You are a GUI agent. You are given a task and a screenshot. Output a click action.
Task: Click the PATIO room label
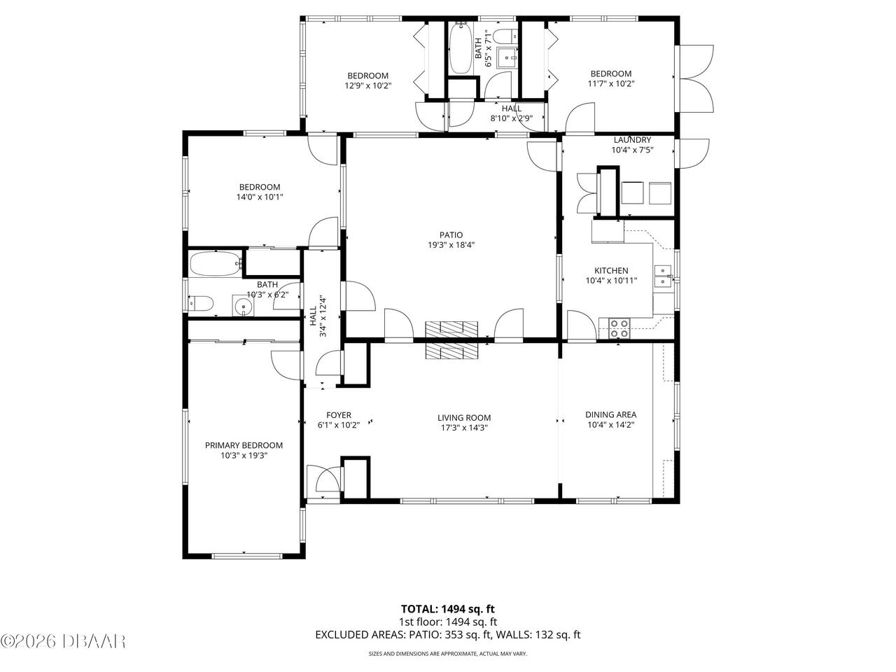click(x=451, y=235)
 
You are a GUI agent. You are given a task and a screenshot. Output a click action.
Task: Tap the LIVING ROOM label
click(x=464, y=418)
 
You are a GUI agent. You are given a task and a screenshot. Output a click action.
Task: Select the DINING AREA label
click(x=610, y=414)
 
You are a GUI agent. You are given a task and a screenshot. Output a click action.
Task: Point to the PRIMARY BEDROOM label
click(x=244, y=445)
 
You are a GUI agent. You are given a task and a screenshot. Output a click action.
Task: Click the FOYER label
click(x=339, y=415)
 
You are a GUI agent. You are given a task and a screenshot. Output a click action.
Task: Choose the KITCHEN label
click(x=611, y=270)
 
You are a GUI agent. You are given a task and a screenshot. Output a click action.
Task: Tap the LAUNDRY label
click(x=632, y=140)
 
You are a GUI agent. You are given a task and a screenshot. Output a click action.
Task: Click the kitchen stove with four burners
click(x=619, y=328)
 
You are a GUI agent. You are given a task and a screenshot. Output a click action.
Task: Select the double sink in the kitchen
click(x=663, y=276)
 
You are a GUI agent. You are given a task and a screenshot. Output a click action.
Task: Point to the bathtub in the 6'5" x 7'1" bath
click(x=461, y=48)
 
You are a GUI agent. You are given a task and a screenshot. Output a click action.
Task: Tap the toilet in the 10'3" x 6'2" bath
click(x=201, y=304)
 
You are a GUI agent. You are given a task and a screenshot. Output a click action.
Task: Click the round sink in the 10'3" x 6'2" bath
click(x=244, y=306)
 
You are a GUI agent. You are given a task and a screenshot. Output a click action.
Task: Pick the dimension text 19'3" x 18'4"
click(x=451, y=245)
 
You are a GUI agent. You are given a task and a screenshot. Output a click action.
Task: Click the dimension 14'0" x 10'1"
click(x=260, y=197)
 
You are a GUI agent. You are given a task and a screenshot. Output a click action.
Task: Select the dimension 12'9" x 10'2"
click(x=367, y=85)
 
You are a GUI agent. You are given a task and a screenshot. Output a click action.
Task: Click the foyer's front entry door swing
click(x=328, y=479)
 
